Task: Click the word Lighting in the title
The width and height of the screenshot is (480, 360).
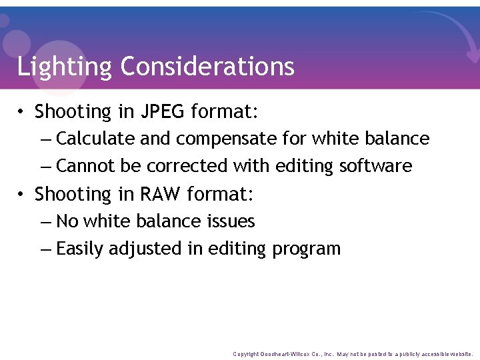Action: [65, 67]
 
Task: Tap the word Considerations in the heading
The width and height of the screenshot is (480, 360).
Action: [207, 67]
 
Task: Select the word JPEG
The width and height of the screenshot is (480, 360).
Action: [163, 111]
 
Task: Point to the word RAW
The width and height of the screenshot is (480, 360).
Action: [161, 194]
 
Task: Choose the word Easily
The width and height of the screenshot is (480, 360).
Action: [80, 249]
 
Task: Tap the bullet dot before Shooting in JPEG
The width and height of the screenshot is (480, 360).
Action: [22, 112]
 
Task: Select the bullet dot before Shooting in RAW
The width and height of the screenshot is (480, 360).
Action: [22, 195]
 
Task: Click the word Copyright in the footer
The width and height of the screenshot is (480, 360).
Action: [246, 354]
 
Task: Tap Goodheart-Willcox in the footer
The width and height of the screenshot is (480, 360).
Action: [287, 354]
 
